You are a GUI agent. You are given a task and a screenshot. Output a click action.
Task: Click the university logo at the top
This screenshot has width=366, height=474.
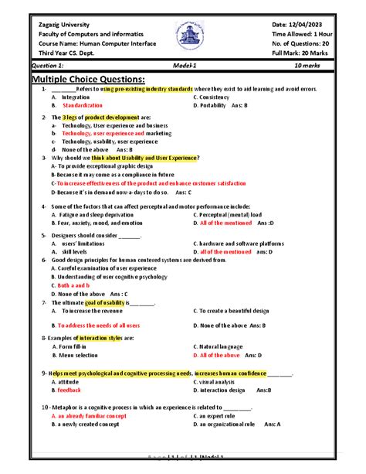(182, 36)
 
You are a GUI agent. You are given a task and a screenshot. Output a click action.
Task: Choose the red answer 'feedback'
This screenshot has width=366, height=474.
(69, 390)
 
